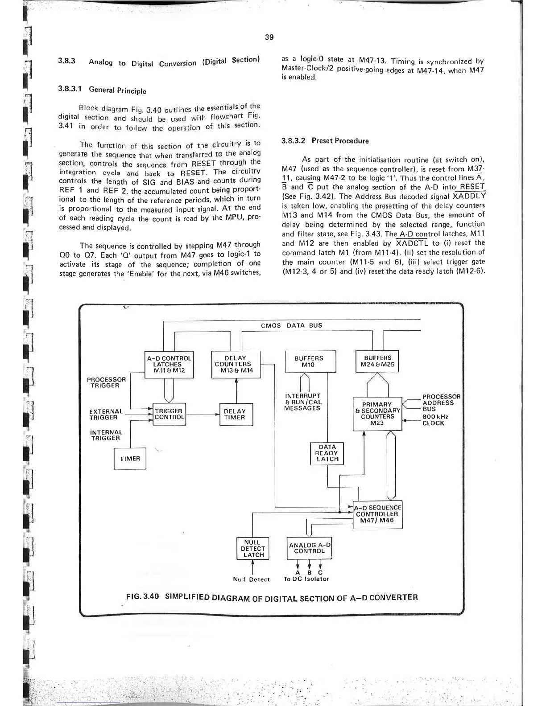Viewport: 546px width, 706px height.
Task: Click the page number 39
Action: pyautogui.click(x=269, y=37)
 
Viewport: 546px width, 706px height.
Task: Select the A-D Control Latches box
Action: pyautogui.click(x=170, y=364)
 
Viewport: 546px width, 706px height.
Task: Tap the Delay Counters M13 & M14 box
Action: pyautogui.click(x=235, y=364)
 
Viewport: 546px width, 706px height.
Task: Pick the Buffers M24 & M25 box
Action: pyautogui.click(x=377, y=361)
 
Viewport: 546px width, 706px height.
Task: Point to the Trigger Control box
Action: pyautogui.click(x=169, y=414)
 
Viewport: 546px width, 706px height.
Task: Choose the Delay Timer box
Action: pyautogui.click(x=235, y=414)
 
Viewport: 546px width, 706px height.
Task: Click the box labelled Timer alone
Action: pyautogui.click(x=130, y=459)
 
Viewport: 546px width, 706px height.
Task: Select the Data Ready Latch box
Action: pyautogui.click(x=327, y=453)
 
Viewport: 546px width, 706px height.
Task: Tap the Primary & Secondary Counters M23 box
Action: pyautogui.click(x=377, y=414)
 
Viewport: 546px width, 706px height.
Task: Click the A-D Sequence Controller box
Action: pyautogui.click(x=377, y=514)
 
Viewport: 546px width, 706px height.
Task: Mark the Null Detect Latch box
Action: pyautogui.click(x=253, y=549)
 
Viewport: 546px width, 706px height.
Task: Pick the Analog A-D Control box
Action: pyautogui.click(x=310, y=548)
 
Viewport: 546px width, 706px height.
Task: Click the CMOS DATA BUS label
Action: pyautogui.click(x=291, y=325)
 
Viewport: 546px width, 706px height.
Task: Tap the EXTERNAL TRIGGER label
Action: pyautogui.click(x=106, y=415)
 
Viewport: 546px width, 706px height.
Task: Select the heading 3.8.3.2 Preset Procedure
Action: pyautogui.click(x=325, y=141)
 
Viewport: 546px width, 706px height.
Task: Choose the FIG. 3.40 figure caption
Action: pyautogui.click(x=272, y=597)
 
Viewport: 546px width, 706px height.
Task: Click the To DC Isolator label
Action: pyautogui.click(x=306, y=579)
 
